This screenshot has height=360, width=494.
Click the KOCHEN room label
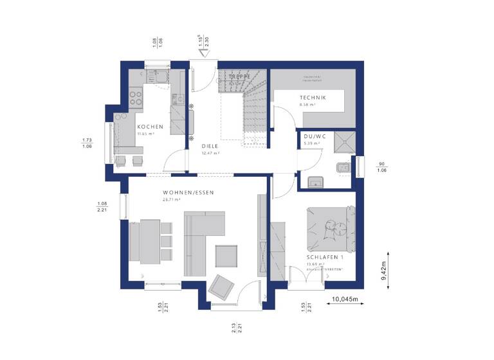(150, 127)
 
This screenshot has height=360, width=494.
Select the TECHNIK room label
(313, 98)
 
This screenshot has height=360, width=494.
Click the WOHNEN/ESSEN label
(188, 193)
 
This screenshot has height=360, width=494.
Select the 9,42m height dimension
(383, 270)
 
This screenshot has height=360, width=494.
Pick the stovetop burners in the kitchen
(136, 97)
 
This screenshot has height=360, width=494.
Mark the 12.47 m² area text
(210, 154)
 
